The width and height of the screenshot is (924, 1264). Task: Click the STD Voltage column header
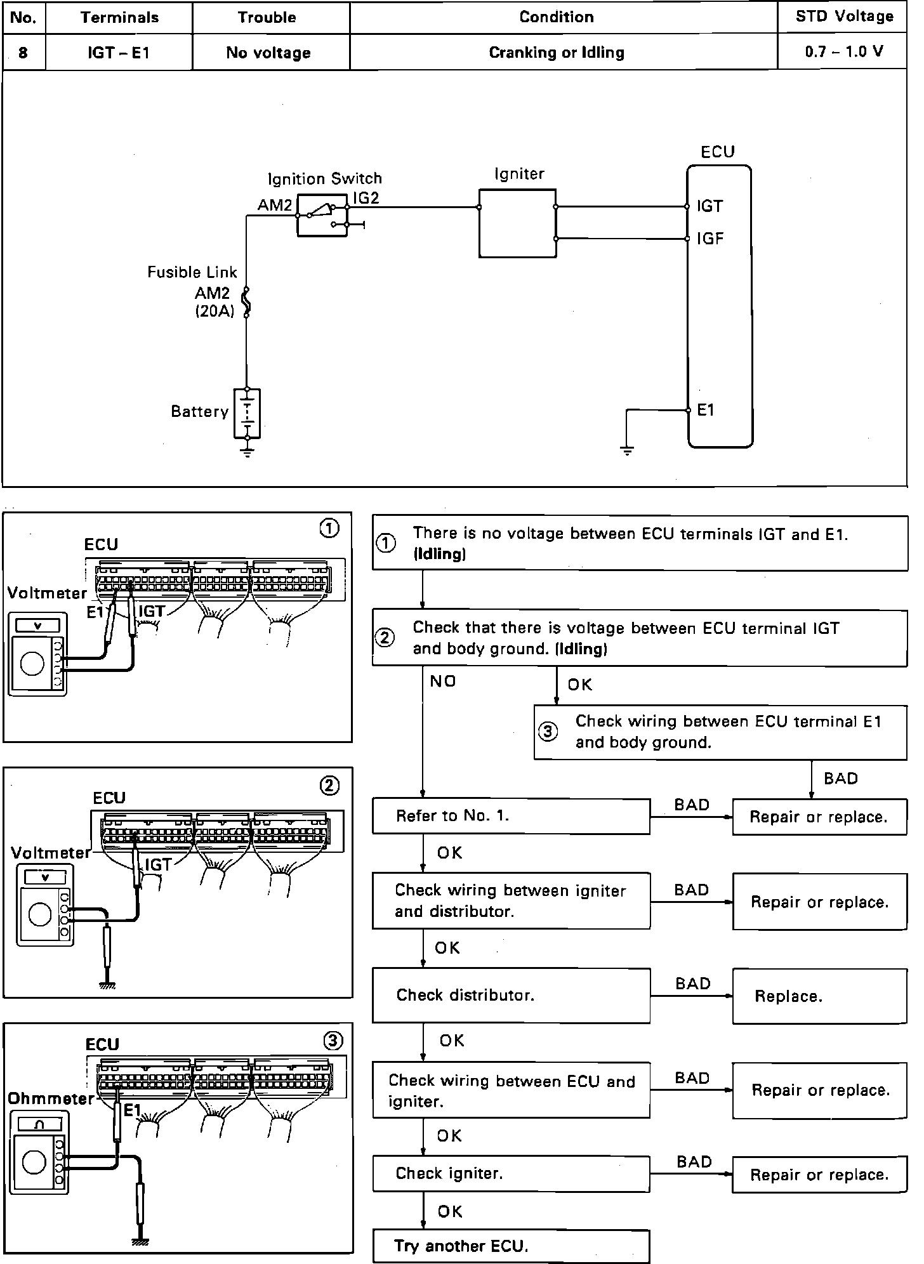[844, 17]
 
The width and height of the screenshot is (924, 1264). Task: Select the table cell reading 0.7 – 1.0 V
[843, 52]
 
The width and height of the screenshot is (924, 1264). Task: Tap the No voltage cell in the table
[268, 53]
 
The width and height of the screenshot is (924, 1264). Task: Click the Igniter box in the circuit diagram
[517, 223]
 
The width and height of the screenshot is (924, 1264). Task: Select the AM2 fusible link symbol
[247, 301]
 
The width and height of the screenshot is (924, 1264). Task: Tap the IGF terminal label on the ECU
[710, 239]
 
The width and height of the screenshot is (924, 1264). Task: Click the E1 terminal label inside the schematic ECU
[706, 411]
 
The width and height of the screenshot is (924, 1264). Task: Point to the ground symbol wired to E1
[626, 451]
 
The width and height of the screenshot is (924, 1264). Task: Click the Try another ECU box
[511, 1246]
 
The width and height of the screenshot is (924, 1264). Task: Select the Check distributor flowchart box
[511, 995]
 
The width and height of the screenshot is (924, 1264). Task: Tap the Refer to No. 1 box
[511, 816]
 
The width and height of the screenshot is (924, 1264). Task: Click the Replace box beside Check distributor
[819, 996]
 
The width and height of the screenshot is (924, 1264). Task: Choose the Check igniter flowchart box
[511, 1173]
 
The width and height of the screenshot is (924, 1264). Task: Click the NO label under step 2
[443, 681]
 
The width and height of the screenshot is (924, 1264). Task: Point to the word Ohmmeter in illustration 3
[50, 1098]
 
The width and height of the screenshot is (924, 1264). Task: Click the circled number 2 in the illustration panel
[329, 786]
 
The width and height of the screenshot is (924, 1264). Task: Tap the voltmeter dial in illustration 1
[32, 663]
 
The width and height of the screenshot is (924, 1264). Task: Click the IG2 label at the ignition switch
[366, 198]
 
